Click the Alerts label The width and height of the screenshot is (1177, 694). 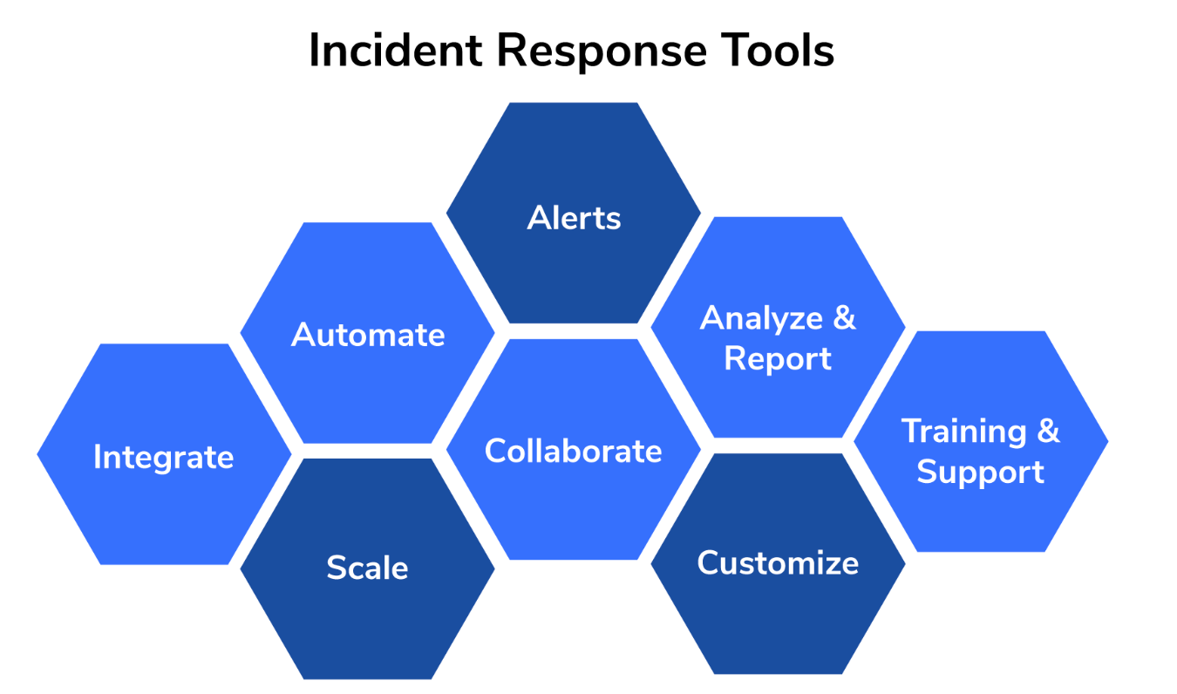574,217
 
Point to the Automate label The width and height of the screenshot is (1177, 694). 368,335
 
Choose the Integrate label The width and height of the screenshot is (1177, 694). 164,457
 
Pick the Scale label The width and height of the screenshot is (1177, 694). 367,568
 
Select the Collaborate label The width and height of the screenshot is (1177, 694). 573,451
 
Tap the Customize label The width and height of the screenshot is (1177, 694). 778,562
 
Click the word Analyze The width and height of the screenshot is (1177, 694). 760,318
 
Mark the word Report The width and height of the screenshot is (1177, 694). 778,358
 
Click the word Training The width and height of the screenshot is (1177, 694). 963,431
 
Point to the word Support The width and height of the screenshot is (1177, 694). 980,472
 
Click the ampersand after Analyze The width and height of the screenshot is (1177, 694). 843,318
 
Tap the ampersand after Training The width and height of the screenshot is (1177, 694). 1047,431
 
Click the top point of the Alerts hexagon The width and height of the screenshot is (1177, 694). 574,104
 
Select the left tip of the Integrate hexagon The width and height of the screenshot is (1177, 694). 37,454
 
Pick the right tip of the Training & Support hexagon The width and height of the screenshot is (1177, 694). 1108,441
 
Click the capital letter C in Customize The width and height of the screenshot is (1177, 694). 709,562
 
